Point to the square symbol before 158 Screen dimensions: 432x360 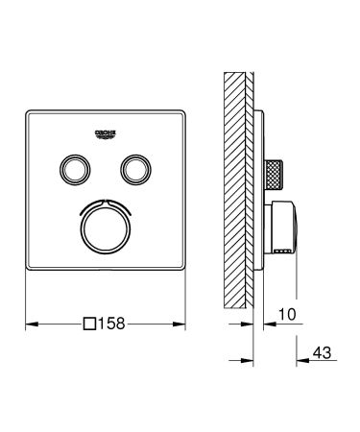click(x=89, y=326)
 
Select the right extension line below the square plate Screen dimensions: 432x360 click(x=185, y=298)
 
